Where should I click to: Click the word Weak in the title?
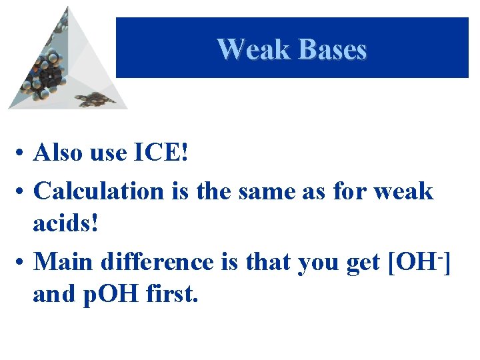[x=253, y=49]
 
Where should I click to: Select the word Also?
[x=59, y=153]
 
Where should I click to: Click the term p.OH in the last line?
[x=108, y=293]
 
